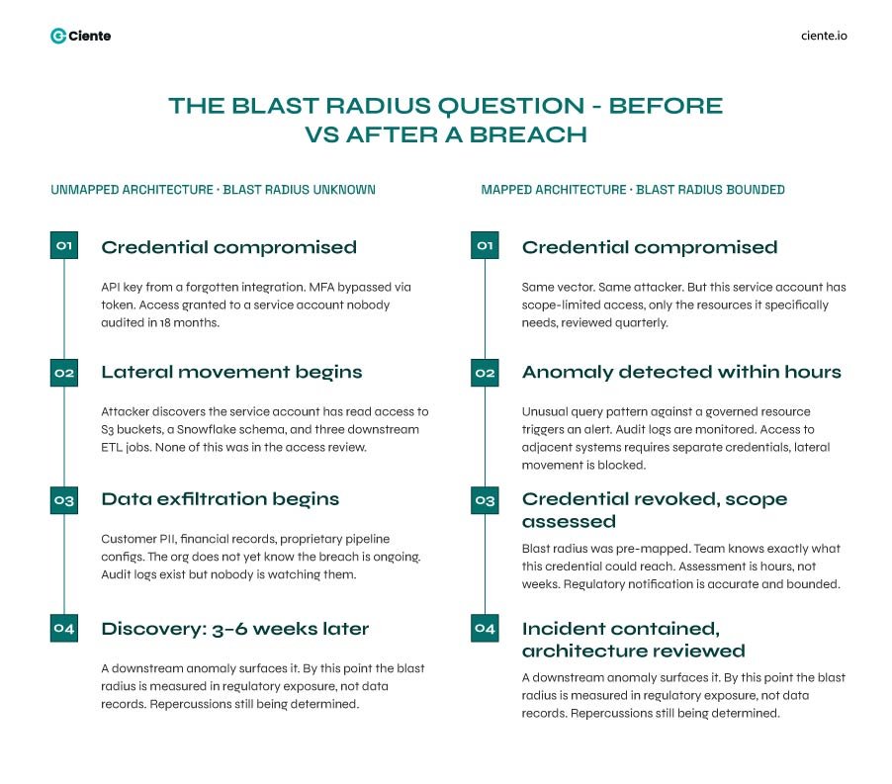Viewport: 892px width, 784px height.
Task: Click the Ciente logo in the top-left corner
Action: [80, 36]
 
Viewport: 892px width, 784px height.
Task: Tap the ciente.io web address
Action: [824, 36]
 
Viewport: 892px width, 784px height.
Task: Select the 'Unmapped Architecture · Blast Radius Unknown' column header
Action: [213, 190]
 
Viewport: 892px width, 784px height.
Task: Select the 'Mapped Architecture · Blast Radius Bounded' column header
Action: [632, 190]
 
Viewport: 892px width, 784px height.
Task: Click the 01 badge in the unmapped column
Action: [64, 245]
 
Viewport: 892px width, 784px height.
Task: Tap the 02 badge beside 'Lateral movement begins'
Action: [64, 373]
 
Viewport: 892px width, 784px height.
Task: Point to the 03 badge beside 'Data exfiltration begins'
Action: [64, 500]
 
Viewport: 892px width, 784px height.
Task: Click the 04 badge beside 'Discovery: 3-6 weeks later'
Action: [64, 629]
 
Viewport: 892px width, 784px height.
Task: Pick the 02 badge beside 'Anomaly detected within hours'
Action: [485, 373]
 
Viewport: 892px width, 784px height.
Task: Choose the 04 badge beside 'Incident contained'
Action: [485, 629]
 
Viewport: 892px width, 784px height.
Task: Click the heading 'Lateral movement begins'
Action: [231, 373]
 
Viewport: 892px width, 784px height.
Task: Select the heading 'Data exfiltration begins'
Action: [220, 499]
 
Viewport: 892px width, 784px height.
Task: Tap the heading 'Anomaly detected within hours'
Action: [681, 373]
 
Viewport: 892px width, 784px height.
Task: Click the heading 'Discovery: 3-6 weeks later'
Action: [234, 629]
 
